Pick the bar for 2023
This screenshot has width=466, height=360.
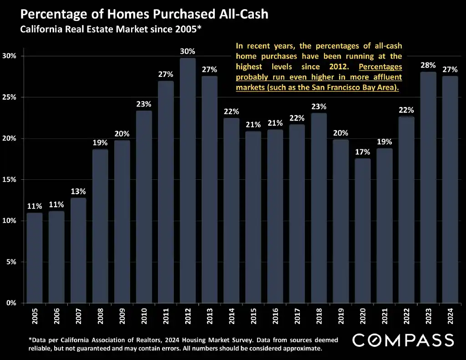(428, 187)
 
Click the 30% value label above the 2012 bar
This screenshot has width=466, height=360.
(187, 51)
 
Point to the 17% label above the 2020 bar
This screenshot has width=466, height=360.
(363, 152)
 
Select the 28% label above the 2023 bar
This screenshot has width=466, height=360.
(428, 66)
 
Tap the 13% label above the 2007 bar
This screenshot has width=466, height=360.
(78, 191)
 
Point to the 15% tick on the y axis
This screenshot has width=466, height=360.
(10, 180)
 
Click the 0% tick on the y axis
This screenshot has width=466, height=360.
(11, 303)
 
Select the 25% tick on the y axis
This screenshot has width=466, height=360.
(10, 97)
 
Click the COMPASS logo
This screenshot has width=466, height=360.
(403, 340)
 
